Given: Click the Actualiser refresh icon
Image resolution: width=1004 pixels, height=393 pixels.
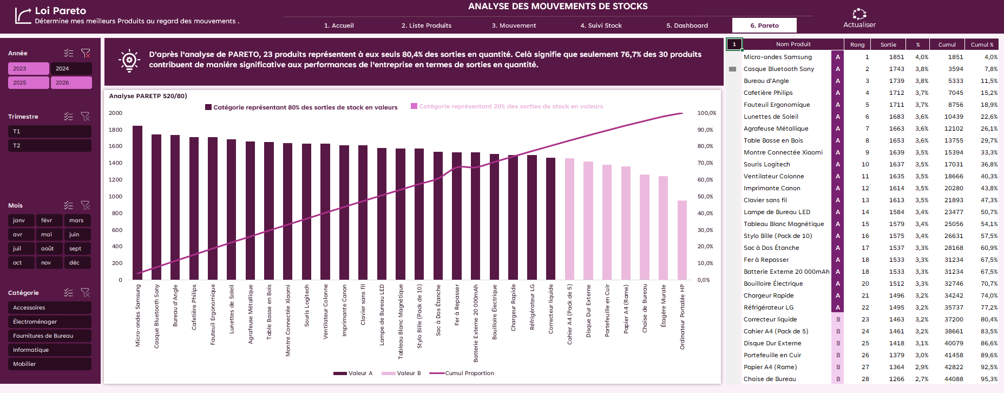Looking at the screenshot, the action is point(859,14).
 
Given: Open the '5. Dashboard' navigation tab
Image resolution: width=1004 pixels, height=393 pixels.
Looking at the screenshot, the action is point(687,25).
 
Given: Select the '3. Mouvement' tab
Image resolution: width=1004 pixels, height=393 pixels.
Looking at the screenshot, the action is point(514,25).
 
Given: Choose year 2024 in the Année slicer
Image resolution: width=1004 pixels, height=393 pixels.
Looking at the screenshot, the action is point(71,69).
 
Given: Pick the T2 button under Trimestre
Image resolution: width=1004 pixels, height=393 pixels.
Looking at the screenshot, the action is point(50,146).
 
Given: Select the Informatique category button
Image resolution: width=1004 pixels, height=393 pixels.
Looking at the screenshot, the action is point(50,350).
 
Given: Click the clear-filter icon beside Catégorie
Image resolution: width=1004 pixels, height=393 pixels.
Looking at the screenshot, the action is point(86,293).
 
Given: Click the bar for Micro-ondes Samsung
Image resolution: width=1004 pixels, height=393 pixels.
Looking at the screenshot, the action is point(137,203).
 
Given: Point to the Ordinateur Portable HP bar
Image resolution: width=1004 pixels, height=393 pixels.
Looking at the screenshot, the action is point(682,240).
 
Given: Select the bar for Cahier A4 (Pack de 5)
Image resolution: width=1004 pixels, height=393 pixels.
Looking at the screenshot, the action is point(569,219).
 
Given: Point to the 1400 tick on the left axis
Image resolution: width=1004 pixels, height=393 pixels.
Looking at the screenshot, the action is point(116,163).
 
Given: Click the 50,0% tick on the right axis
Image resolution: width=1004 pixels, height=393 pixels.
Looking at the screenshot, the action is point(705,197).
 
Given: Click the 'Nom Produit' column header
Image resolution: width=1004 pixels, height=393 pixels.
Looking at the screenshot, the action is point(793,44).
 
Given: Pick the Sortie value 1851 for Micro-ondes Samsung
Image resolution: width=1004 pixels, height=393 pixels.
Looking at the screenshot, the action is point(896,57).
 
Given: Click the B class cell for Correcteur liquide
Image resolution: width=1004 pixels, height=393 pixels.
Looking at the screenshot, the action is point(838,319).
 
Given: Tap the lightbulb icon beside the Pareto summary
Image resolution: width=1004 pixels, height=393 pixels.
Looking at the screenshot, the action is point(129,61).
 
